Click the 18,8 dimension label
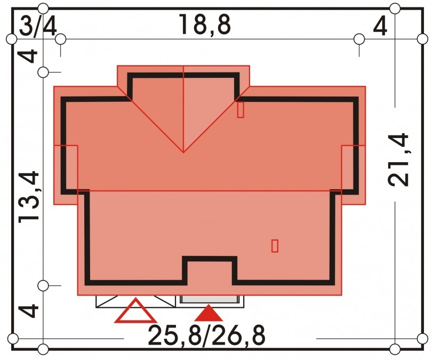205,25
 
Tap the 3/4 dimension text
38,27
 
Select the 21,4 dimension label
398,159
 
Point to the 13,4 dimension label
29,196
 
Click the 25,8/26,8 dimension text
206,335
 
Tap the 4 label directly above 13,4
29,56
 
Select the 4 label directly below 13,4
29,310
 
